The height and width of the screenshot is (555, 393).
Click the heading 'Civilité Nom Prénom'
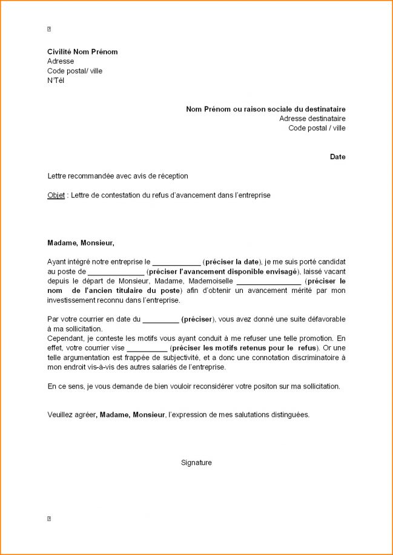[x=82, y=52]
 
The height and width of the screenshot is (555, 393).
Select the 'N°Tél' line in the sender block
[x=56, y=80]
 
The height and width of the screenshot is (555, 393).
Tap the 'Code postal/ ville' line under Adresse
[x=74, y=71]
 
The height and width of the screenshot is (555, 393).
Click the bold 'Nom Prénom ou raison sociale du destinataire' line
[x=266, y=109]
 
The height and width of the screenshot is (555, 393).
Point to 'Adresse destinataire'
[x=312, y=119]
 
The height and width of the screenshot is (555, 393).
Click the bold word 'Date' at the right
[x=338, y=157]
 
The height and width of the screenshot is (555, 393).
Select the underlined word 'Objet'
[x=56, y=195]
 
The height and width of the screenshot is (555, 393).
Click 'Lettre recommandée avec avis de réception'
[x=117, y=176]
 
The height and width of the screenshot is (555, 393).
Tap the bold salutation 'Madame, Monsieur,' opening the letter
[x=81, y=243]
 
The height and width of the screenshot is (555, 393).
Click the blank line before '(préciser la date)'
[x=176, y=263]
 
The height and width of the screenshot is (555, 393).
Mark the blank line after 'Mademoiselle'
[x=268, y=282]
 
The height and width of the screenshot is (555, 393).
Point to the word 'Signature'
[x=196, y=463]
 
